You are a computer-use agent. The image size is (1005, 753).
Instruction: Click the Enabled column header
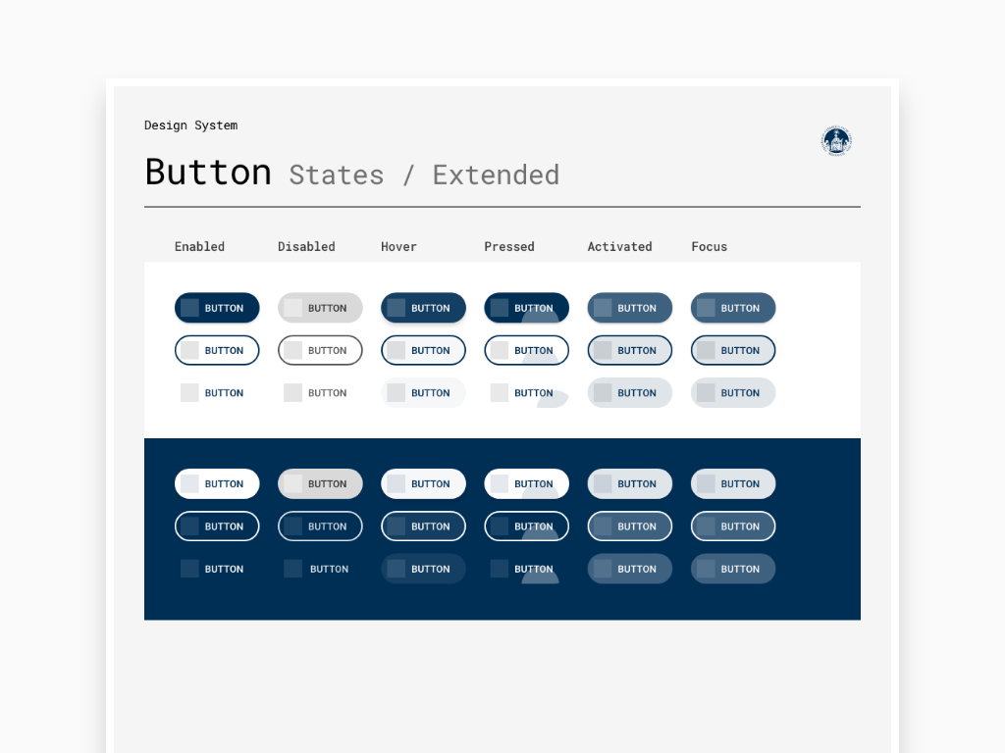(x=199, y=246)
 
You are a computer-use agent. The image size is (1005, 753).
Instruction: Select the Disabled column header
(x=306, y=246)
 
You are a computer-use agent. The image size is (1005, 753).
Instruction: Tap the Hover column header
(x=398, y=246)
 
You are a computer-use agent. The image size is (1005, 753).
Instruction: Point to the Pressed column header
(x=509, y=246)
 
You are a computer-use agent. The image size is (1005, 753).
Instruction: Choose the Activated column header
(x=620, y=246)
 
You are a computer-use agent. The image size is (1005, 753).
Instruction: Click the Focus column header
(x=709, y=246)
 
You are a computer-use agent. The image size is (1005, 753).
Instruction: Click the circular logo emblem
(x=836, y=141)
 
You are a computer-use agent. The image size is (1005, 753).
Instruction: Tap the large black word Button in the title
(x=208, y=172)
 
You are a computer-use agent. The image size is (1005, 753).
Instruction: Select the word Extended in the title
(x=496, y=175)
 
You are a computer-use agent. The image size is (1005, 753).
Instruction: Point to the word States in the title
(x=337, y=175)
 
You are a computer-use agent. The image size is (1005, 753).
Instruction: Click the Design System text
(x=191, y=125)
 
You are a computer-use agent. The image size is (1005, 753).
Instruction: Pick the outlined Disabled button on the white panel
(x=320, y=350)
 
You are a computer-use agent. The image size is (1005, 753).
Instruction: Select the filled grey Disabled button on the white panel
(x=320, y=308)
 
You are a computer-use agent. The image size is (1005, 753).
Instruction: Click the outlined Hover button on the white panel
(x=423, y=350)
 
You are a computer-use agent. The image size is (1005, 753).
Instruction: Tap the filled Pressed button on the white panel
(x=526, y=308)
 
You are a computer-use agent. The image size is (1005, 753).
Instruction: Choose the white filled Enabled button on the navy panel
(x=217, y=484)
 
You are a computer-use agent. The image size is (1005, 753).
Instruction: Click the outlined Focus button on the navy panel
(x=733, y=527)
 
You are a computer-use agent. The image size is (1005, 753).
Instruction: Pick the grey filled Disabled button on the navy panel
(x=320, y=484)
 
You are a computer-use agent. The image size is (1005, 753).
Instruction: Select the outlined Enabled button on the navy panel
(x=217, y=527)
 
